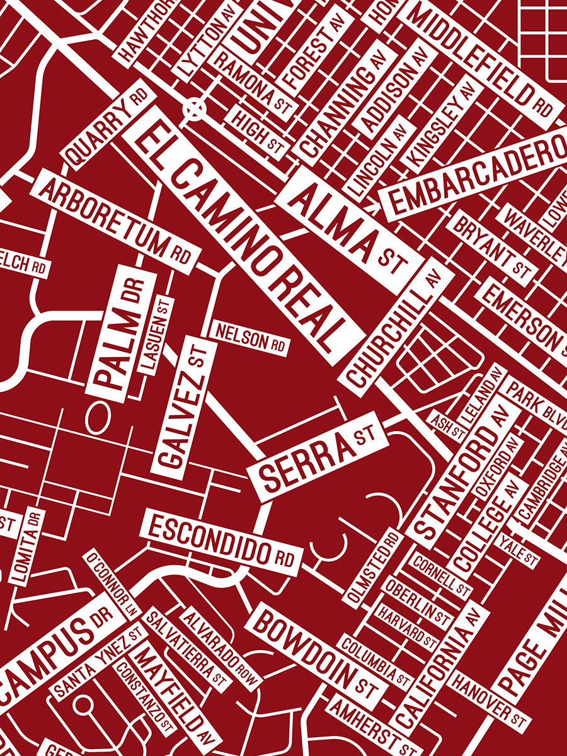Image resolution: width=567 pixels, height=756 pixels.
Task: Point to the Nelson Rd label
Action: pos(250,338)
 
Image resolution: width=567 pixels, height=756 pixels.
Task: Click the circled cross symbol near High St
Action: pos(195,109)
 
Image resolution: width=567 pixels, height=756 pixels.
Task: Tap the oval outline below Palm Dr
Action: pos(96,418)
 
